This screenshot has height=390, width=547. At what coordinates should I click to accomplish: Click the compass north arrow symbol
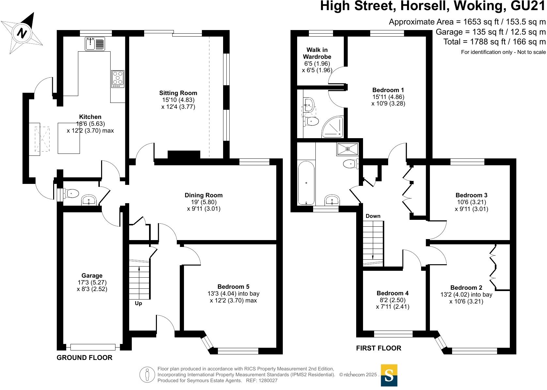click(x=22, y=32)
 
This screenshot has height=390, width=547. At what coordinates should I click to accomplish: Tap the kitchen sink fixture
click(x=95, y=44)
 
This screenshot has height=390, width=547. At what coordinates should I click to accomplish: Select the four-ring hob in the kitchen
click(x=118, y=79)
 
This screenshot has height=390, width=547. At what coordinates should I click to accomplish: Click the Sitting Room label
click(x=178, y=93)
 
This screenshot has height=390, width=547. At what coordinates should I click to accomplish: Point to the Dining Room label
click(x=204, y=195)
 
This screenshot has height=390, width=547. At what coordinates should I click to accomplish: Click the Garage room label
click(x=92, y=276)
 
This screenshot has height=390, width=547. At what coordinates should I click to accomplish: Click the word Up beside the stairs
click(x=138, y=303)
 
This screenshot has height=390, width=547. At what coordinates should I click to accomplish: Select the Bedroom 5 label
click(x=233, y=287)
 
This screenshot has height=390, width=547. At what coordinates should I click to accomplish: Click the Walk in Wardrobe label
click(x=317, y=53)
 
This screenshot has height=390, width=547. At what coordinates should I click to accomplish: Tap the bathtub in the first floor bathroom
click(x=306, y=183)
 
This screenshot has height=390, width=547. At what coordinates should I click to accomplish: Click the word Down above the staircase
click(x=373, y=216)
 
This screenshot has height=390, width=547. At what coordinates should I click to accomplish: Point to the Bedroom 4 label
click(x=392, y=293)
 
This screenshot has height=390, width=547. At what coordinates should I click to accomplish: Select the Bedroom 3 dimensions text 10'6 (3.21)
click(x=471, y=202)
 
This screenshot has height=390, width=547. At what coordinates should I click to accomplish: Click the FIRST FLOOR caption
click(x=378, y=348)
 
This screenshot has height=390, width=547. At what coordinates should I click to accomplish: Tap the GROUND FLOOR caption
click(x=84, y=358)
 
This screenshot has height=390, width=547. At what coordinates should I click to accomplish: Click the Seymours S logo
click(x=389, y=375)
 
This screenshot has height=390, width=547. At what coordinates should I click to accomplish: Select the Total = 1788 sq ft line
click(x=494, y=42)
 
